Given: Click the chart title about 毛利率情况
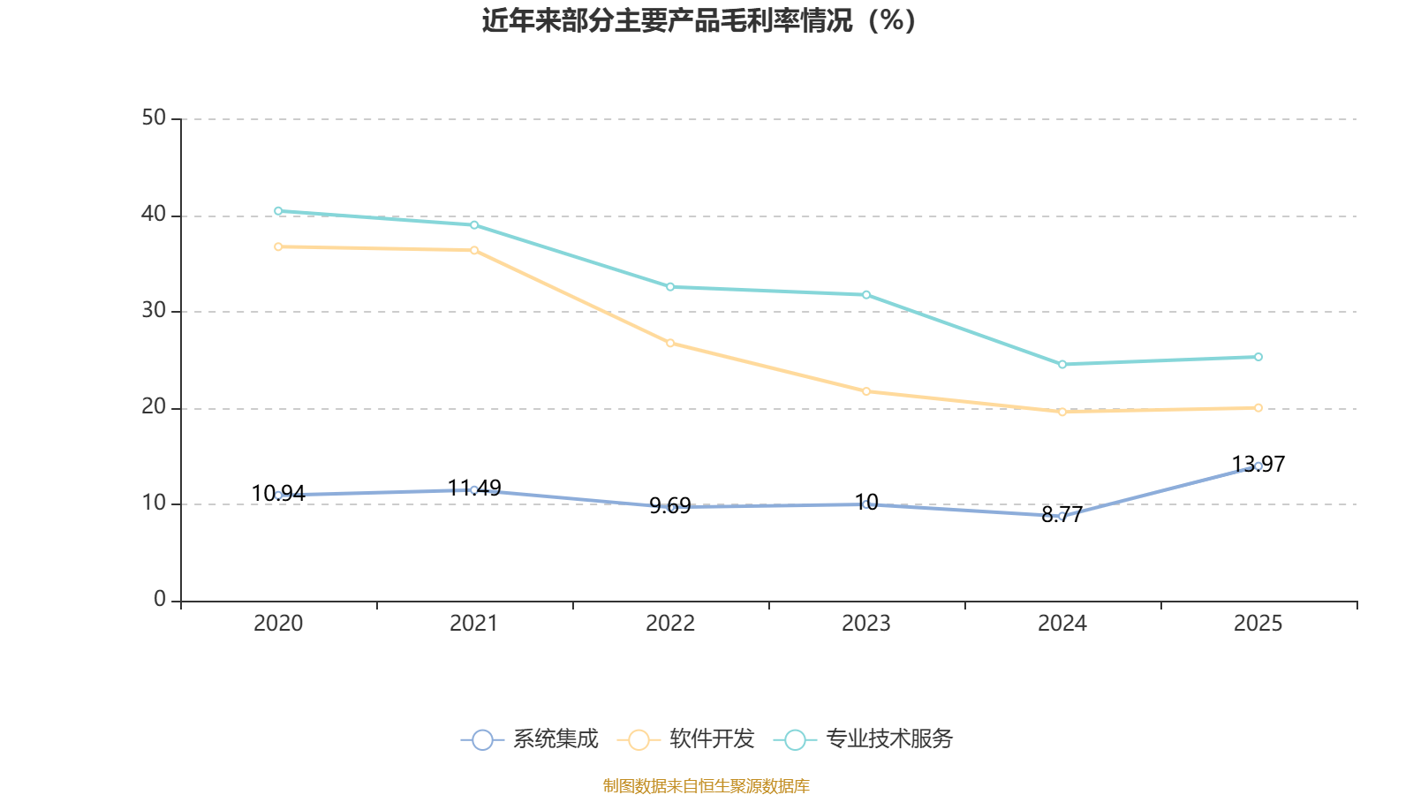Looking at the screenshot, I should click(x=699, y=20).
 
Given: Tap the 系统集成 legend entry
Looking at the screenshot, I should click(x=531, y=739).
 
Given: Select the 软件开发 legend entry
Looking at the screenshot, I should click(x=687, y=739).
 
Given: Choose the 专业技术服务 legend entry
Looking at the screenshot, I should click(x=864, y=739).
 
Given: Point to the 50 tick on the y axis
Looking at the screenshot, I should click(x=154, y=118).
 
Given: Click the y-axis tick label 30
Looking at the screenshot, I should click(x=154, y=311).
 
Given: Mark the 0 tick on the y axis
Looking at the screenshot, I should click(x=160, y=600).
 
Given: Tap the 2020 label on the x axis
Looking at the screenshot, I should click(x=278, y=624).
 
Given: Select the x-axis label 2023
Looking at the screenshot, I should click(x=866, y=624).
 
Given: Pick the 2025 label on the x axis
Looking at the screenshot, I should click(x=1258, y=624).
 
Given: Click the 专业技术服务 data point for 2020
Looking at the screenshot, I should click(x=278, y=211).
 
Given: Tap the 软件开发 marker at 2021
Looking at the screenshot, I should click(x=474, y=251).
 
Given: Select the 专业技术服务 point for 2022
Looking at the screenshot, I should click(x=670, y=287).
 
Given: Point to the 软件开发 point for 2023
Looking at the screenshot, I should click(x=866, y=391).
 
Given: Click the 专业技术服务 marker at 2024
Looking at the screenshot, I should click(x=1062, y=364).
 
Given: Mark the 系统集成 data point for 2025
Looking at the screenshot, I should click(x=1258, y=466).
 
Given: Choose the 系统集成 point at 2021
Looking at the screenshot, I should click(x=474, y=489).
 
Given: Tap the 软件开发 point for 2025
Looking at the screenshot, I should click(x=1258, y=408).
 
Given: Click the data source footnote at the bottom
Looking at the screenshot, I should click(x=706, y=785).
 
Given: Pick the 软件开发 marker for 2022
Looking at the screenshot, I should click(x=670, y=343).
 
